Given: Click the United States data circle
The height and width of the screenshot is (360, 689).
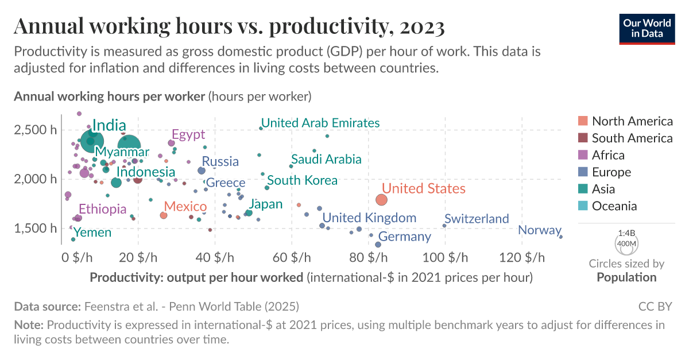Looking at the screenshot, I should click(x=382, y=200).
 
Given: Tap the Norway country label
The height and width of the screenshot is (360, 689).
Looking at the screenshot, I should click(x=539, y=230).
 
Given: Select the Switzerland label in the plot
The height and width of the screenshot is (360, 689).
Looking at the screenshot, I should click(x=477, y=219).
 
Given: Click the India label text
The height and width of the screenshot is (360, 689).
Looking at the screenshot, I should click(x=109, y=126).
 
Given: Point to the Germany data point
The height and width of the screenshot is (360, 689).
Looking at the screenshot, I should click(x=378, y=245).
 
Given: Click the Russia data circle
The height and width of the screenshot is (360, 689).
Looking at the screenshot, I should click(x=202, y=171).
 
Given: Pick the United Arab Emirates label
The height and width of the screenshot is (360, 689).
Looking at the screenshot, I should click(x=320, y=123).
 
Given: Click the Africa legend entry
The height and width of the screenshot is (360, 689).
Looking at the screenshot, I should click(x=608, y=155).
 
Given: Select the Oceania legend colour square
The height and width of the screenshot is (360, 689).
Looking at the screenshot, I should click(x=583, y=206).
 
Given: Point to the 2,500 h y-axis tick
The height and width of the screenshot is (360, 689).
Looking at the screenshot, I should click(x=36, y=130).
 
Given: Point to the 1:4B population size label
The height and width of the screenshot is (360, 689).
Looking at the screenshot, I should click(x=626, y=234).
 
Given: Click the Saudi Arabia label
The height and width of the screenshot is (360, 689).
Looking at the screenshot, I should click(x=326, y=159).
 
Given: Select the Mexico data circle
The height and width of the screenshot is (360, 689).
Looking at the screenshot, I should click(x=163, y=215).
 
